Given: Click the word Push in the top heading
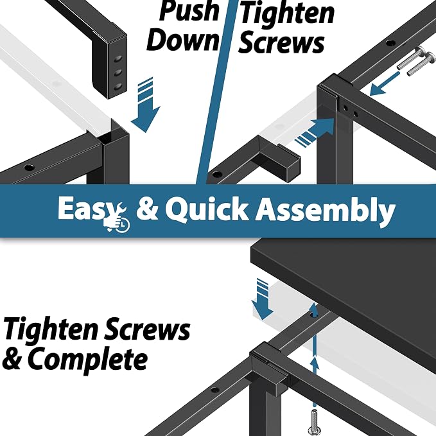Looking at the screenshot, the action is point(189,11).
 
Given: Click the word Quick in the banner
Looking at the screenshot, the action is point(206,209).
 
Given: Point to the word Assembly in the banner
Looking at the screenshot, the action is point(326,211).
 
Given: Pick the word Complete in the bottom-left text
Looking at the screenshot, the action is point(87,360).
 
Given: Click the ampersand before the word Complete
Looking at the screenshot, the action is point(12,359).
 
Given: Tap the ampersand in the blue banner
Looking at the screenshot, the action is point(147,210).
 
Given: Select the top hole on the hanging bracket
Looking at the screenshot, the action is point(118,58).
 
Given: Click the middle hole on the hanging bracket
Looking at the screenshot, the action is point(118,73).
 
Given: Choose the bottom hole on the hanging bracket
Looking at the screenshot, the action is point(118,87).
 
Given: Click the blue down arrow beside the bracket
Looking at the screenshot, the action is point(146,105).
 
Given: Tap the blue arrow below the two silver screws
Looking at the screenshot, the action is point(384,84).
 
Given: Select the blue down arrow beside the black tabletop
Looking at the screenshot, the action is point(262,299).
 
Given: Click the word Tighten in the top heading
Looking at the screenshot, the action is point(287,13).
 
